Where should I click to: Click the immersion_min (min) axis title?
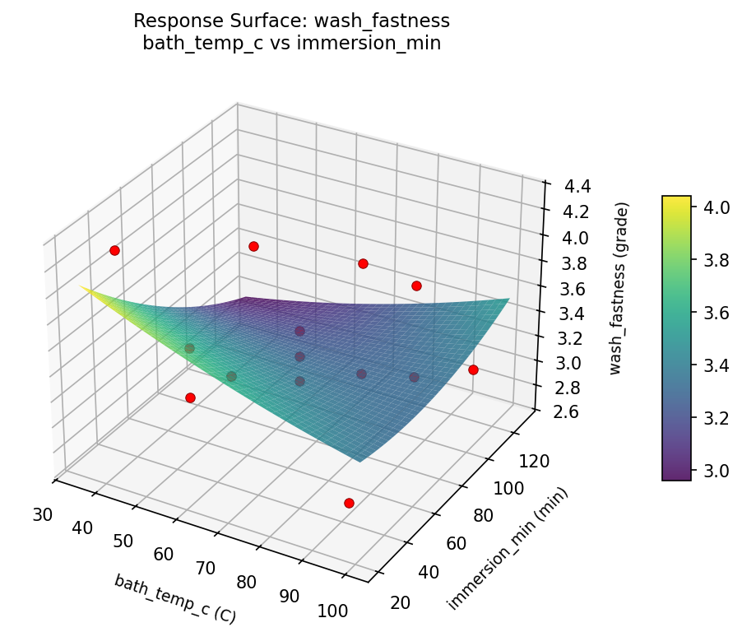coord(508,549)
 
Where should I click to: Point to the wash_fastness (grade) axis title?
coord(623,288)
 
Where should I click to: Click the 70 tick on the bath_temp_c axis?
coord(205,569)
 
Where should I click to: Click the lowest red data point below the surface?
coord(349,503)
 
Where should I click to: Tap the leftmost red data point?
coord(114,250)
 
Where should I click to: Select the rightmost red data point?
coord(473,370)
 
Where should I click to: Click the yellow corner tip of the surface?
coord(81,286)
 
